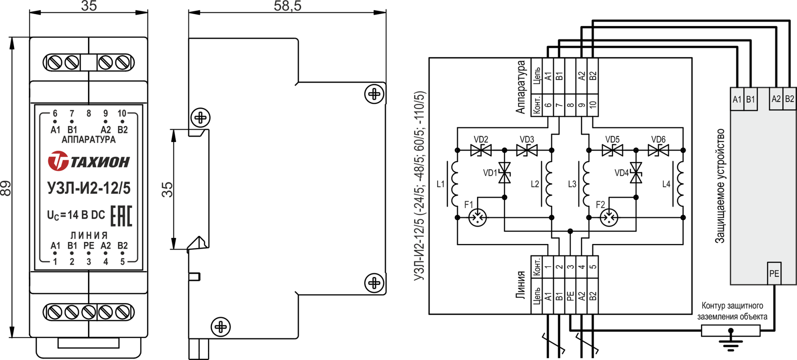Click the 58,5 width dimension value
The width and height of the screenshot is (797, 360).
click(x=287, y=6)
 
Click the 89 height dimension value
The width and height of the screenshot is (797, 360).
click(x=6, y=188)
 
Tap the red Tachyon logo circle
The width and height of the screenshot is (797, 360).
click(x=58, y=161)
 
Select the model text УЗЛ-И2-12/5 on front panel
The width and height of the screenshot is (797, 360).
click(x=89, y=188)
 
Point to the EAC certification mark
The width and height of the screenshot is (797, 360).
click(x=121, y=216)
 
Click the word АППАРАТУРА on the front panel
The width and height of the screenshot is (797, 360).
click(x=88, y=140)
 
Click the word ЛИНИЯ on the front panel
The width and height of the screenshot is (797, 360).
click(x=89, y=235)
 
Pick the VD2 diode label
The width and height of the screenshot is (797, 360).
click(x=481, y=140)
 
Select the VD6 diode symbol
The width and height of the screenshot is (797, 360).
click(x=658, y=150)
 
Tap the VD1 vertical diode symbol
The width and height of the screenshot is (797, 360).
click(x=505, y=172)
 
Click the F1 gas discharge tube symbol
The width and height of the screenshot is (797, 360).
click(x=477, y=218)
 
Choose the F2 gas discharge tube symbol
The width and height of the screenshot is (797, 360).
click(x=609, y=218)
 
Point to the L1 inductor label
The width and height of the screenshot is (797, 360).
click(x=440, y=184)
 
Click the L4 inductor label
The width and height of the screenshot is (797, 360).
click(x=666, y=184)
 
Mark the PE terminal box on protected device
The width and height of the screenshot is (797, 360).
click(x=774, y=273)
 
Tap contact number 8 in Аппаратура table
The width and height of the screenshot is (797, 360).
click(x=570, y=105)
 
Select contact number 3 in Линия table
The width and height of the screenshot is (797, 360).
click(x=570, y=267)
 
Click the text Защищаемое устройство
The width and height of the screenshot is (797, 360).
click(x=720, y=186)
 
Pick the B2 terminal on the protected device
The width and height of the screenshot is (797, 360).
click(x=789, y=99)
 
